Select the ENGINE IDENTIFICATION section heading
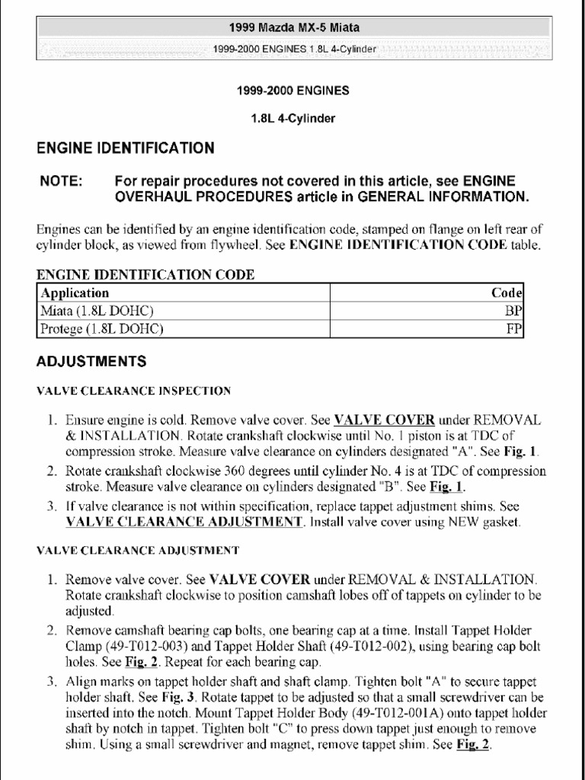point(126,148)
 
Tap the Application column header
point(75,292)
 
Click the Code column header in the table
point(507,292)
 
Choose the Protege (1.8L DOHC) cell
point(102,329)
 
